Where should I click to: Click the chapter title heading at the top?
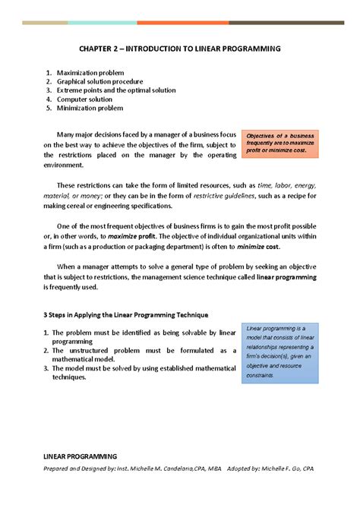(x=180, y=48)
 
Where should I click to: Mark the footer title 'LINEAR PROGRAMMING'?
(x=80, y=456)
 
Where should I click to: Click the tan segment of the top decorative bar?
(x=45, y=23)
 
